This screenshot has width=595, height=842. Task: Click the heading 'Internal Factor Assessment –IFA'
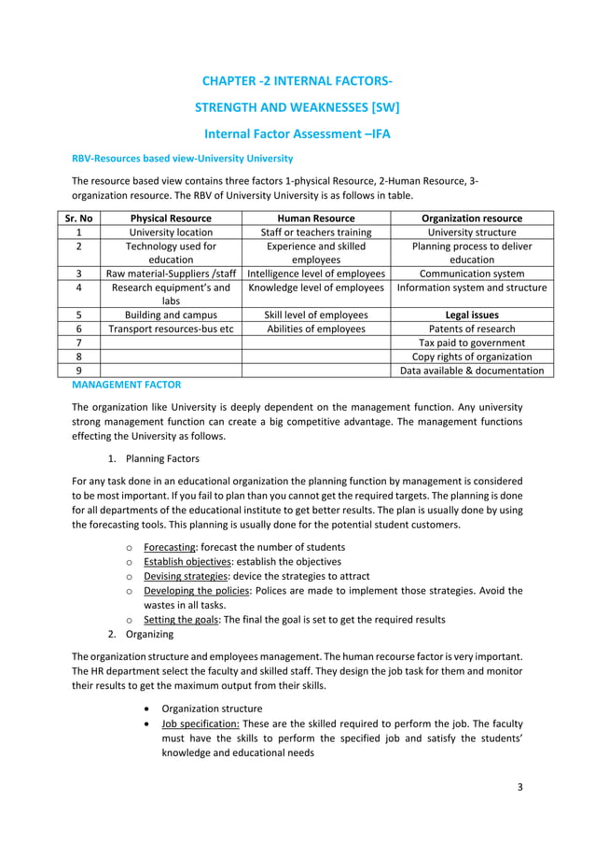(297, 134)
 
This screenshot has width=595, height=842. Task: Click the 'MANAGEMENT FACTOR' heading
(126, 384)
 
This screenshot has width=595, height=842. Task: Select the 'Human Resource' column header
(316, 218)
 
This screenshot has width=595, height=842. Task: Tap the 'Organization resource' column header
(471, 218)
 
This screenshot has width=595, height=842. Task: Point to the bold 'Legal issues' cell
(471, 315)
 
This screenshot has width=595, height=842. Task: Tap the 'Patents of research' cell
(471, 329)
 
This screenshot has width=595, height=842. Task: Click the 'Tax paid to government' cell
(471, 343)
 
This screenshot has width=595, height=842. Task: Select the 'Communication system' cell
(471, 274)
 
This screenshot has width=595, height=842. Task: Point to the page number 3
(520, 787)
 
